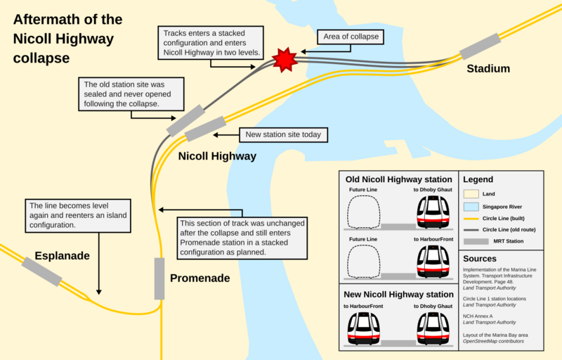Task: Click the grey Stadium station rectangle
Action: point(481,46)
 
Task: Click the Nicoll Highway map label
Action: point(217,156)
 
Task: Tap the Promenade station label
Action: point(200,278)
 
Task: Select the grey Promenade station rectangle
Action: point(159,278)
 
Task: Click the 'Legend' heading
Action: point(478,180)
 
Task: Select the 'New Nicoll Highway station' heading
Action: point(398,295)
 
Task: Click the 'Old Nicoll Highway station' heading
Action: point(398,179)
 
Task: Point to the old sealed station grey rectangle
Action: point(185,120)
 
